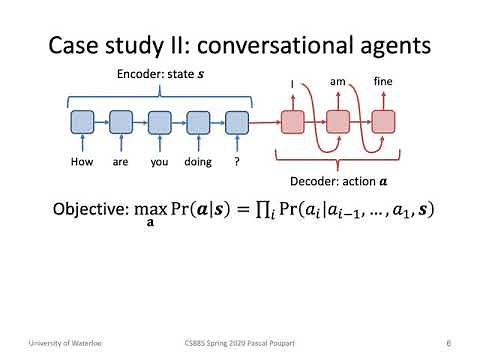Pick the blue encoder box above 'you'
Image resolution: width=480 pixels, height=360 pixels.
pos(159,123)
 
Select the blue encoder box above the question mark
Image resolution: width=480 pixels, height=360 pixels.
pos(236,123)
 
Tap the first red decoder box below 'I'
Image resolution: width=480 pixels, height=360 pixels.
pos(292,123)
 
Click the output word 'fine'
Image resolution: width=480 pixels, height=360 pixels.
pos(382,80)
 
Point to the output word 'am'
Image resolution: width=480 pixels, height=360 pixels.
pos(337,80)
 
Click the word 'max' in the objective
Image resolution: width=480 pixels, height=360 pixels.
pos(153,209)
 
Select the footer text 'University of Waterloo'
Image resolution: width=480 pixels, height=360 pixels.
pos(48,343)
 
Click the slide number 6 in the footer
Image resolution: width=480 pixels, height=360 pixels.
pos(449,343)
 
